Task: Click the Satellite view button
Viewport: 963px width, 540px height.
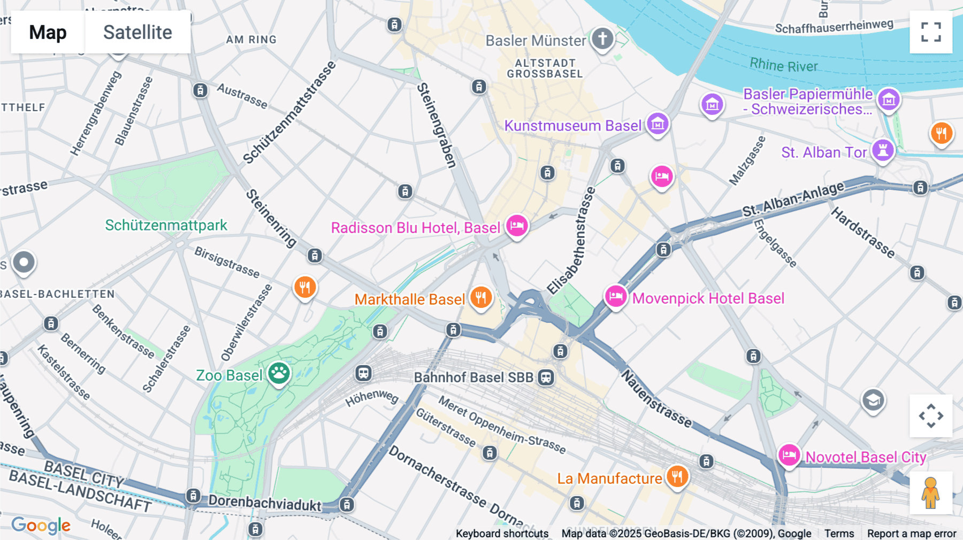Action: pos(137,32)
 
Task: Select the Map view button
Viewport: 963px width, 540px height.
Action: pos(48,32)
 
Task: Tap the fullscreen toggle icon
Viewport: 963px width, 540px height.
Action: pos(931,32)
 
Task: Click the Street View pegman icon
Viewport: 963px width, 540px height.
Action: pos(930,493)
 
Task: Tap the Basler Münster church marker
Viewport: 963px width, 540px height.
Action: pos(602,39)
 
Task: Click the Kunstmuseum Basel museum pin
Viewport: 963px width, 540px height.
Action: pos(658,124)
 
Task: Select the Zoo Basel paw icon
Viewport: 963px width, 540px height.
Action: pos(279,373)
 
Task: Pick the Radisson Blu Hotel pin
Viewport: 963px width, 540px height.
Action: pos(517,226)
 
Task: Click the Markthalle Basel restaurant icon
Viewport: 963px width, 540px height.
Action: pos(480,297)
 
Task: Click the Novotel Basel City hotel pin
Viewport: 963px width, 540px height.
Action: pos(789,456)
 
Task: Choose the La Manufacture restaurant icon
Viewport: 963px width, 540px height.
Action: pos(677,476)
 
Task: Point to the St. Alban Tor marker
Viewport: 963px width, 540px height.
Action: pos(883,150)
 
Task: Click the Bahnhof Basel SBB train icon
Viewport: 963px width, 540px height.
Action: pos(546,377)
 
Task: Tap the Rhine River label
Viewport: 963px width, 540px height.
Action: pos(783,65)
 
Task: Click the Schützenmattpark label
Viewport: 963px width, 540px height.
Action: pos(166,225)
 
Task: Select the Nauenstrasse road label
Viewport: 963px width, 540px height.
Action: pos(656,398)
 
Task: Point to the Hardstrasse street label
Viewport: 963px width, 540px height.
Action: pos(862,233)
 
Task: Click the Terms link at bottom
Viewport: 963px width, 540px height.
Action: pos(839,533)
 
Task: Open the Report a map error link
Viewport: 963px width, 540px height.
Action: pos(911,533)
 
